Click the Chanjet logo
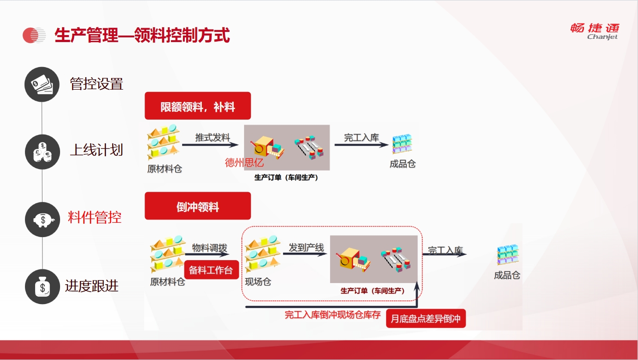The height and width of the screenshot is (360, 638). (x=595, y=31)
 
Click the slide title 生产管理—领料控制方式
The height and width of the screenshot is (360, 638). (x=142, y=35)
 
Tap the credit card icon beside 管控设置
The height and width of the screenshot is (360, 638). (x=42, y=84)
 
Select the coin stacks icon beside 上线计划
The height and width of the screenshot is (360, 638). (x=43, y=152)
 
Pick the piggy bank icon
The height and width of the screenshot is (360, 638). (x=43, y=220)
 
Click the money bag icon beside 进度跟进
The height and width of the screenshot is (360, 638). (x=43, y=287)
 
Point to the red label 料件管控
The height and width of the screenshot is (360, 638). (x=95, y=218)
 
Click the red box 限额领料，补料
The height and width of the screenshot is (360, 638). (x=198, y=106)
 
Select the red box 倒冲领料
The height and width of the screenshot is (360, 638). (x=198, y=206)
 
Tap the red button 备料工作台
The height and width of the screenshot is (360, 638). (x=211, y=270)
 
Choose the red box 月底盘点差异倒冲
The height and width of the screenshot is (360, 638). (x=426, y=318)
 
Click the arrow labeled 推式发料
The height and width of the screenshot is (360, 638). (x=210, y=145)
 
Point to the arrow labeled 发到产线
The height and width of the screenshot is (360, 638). (x=305, y=254)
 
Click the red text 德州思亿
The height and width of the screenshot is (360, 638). (x=244, y=163)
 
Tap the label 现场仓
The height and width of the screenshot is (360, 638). (x=258, y=282)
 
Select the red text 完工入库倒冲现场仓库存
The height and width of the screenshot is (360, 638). (x=333, y=315)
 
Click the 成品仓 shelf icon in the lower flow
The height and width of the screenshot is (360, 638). (x=508, y=254)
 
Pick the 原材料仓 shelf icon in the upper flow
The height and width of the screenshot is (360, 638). (x=163, y=141)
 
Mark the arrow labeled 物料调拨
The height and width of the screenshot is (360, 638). (x=207, y=254)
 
